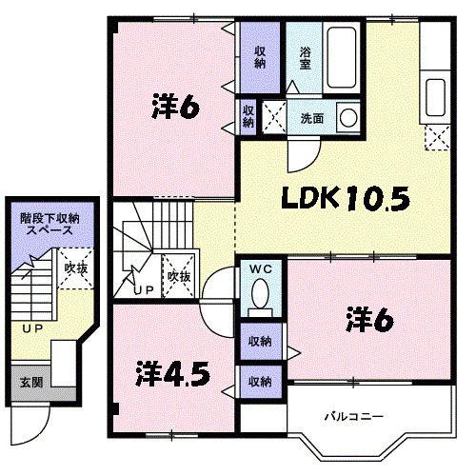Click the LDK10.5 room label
tap(346, 198)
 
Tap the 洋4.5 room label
tap(173, 373)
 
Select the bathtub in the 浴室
tap(341, 57)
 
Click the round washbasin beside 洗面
tap(348, 117)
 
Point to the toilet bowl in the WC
tap(260, 293)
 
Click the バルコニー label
tap(353, 416)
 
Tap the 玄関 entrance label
tap(31, 382)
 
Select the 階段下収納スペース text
tap(50, 224)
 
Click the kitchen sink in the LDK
tap(435, 97)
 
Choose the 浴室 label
tap(305, 58)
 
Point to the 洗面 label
tap(312, 118)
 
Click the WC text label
tap(261, 269)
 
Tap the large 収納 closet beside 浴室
tap(260, 57)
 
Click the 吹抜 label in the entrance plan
tap(76, 268)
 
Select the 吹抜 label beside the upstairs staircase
tap(179, 276)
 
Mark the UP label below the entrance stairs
tap(32, 329)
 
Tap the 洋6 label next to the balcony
tap(370, 320)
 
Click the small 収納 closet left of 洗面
tap(248, 117)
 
